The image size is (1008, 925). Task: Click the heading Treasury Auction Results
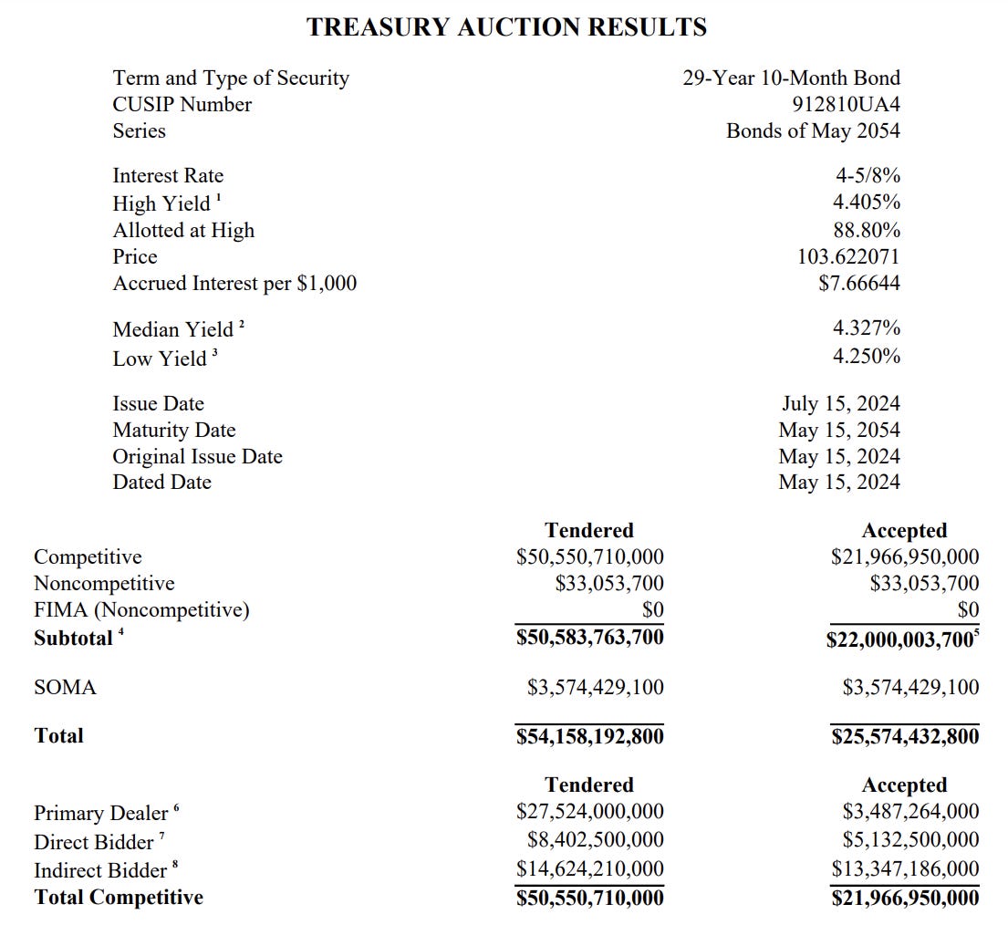pos(506,27)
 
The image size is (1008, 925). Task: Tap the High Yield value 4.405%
pos(866,203)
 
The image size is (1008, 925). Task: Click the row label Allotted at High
pos(183,231)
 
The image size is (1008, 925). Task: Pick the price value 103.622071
pos(848,257)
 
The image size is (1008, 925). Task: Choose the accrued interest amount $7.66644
pos(858,284)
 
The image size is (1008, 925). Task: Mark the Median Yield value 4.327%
pos(866,328)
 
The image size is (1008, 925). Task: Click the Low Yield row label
pos(160,359)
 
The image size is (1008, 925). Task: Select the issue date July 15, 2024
pos(840,403)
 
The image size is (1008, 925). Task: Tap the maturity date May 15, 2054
pos(838,430)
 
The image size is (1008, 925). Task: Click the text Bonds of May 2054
pos(813,131)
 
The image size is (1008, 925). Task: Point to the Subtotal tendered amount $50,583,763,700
pos(589,637)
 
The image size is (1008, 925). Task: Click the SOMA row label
pos(65,688)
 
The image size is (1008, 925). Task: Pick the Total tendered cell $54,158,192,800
pos(589,736)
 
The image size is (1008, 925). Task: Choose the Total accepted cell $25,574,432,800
pos(904,736)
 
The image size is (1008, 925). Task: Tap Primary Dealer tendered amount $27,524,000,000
pos(589,811)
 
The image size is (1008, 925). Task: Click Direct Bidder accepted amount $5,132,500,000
pos(910,839)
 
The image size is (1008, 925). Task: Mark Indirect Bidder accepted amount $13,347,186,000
pos(904,869)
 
